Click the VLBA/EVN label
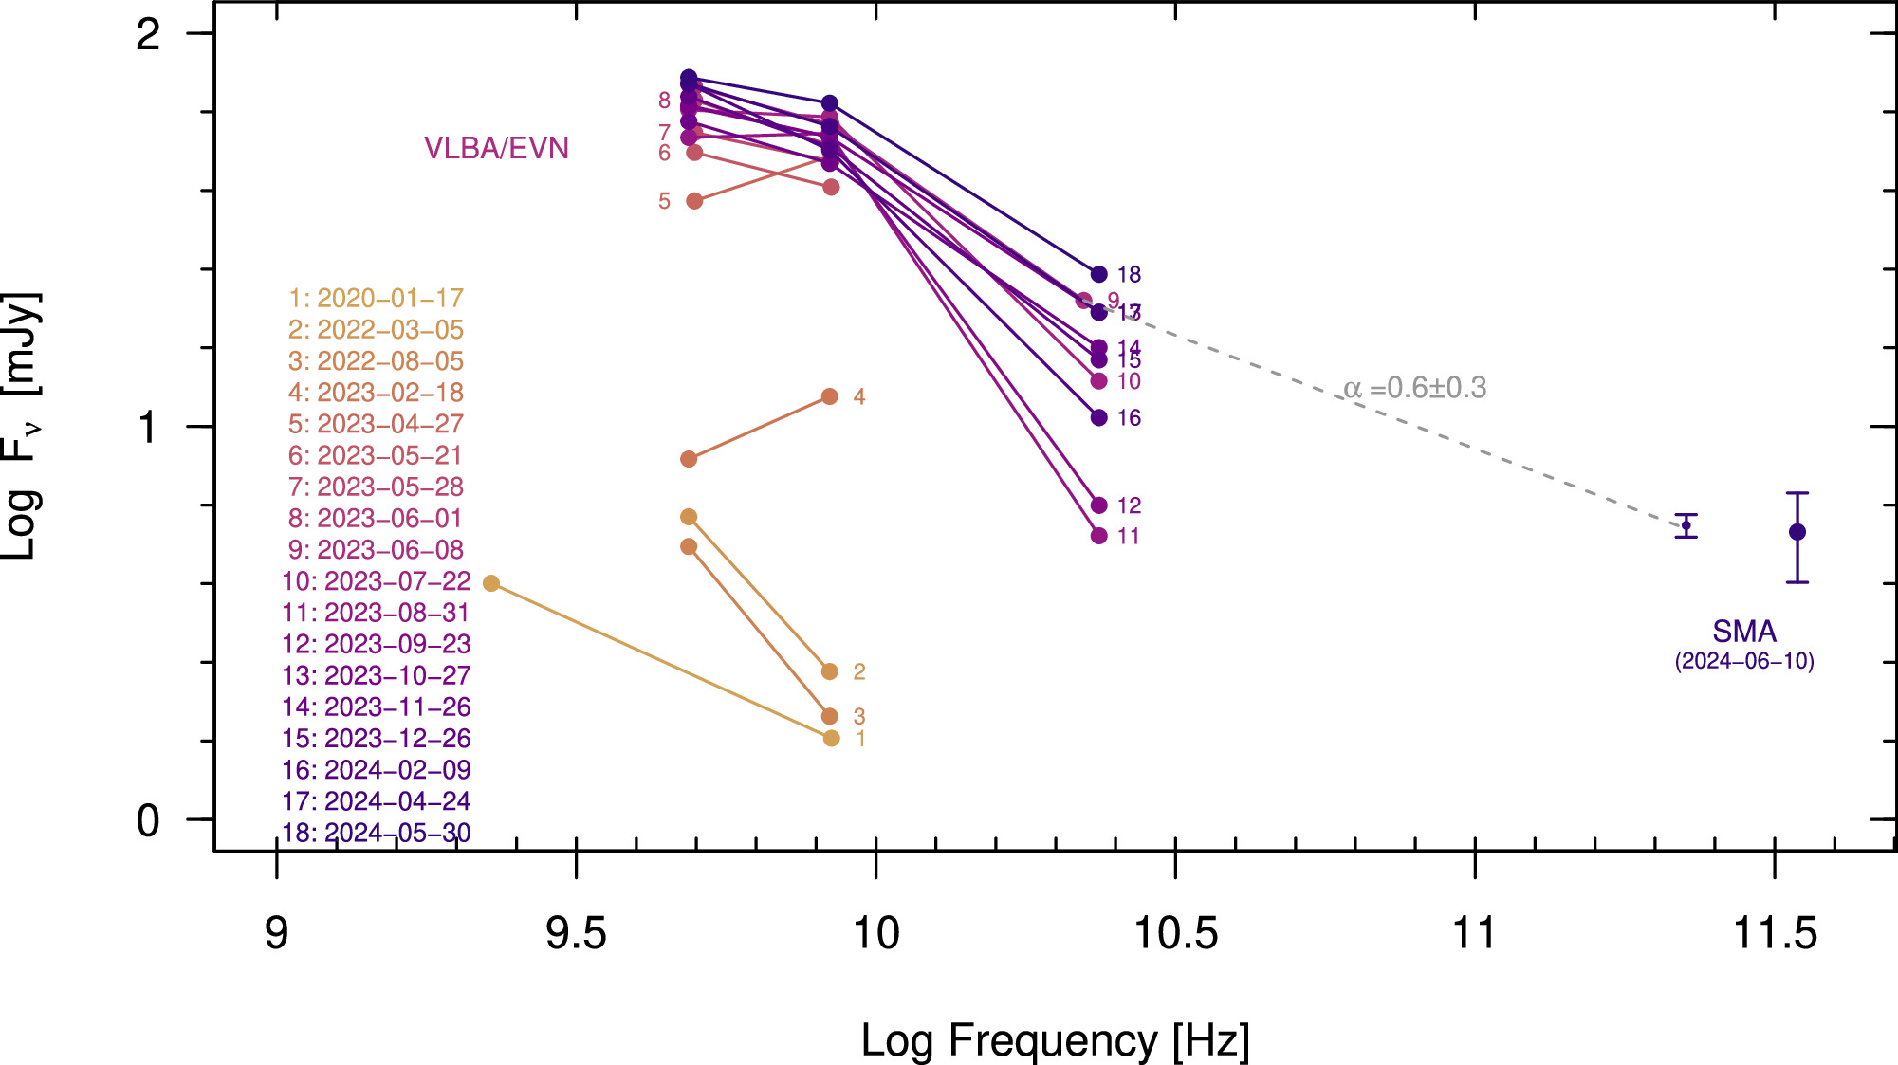pos(496,148)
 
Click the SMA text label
pos(1743,631)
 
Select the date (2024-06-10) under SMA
pos(1743,661)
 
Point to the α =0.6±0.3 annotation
pos(1414,388)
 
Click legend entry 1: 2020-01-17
pos(376,298)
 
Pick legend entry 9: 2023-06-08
pos(376,549)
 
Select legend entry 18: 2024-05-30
pos(376,832)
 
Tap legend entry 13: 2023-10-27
pos(376,675)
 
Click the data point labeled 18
pos(1098,274)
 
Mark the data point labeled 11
pos(1098,536)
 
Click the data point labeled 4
pos(829,396)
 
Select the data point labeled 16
pos(1098,417)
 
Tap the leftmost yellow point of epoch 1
pos(490,583)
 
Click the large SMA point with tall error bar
pos(1797,532)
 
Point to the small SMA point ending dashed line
pos(1686,525)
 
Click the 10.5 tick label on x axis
pos(1175,933)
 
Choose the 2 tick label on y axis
pos(148,35)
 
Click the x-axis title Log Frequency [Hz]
pos(1055,1040)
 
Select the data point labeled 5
pos(693,201)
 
